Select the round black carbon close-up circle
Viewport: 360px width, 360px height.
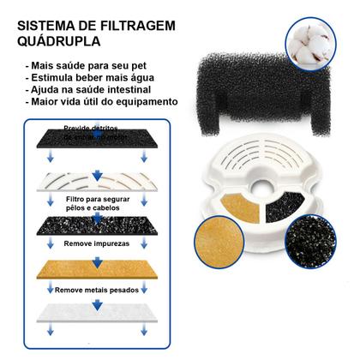coord(329,235)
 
